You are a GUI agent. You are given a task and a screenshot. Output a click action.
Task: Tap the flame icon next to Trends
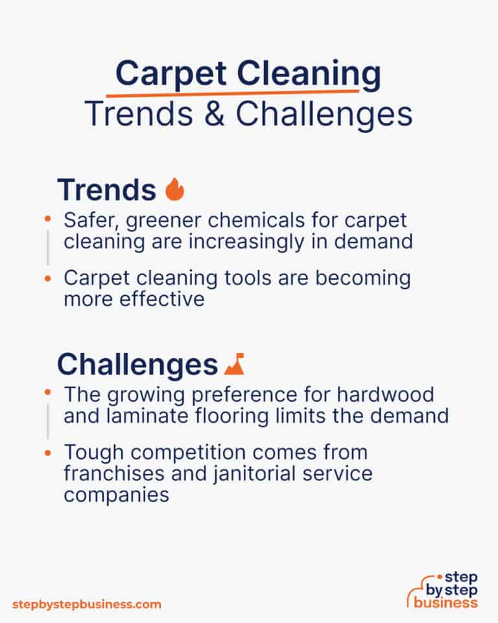pyautogui.click(x=174, y=190)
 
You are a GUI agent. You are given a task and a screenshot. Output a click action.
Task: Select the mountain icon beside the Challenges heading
pyautogui.click(x=233, y=365)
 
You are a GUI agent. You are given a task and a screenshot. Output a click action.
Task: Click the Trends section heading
pyautogui.click(x=106, y=190)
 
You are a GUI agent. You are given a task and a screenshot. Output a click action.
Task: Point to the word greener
pyautogui.click(x=158, y=221)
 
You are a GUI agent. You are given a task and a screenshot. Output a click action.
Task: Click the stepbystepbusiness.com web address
pyautogui.click(x=86, y=604)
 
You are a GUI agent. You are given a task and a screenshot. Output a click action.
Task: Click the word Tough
pyautogui.click(x=89, y=453)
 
